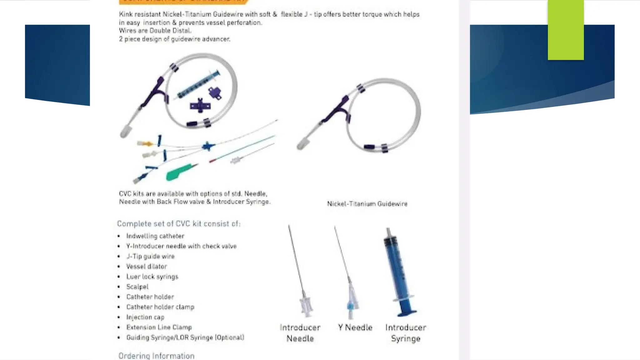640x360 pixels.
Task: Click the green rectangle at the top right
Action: click(566, 30)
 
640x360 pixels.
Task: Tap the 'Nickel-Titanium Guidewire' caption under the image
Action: click(367, 204)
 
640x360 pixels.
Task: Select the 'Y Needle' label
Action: click(355, 327)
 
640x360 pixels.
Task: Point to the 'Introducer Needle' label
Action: click(300, 333)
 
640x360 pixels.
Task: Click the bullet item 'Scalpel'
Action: click(137, 287)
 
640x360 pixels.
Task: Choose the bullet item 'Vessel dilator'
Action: click(147, 266)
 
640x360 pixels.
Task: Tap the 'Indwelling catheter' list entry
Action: click(155, 236)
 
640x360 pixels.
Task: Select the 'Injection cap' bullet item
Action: click(145, 317)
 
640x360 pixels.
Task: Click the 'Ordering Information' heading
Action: click(156, 356)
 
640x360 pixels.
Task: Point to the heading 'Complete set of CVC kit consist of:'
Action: click(179, 224)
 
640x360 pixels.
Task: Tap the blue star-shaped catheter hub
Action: click(208, 146)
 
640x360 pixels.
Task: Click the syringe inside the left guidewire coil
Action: click(198, 84)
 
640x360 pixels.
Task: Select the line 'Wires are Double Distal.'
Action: click(155, 31)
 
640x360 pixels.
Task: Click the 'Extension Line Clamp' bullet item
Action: click(159, 327)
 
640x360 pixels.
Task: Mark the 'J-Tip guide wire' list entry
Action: click(150, 256)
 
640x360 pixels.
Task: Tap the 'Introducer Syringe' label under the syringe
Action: click(406, 333)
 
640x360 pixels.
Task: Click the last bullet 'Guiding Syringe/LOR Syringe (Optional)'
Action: click(185, 337)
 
